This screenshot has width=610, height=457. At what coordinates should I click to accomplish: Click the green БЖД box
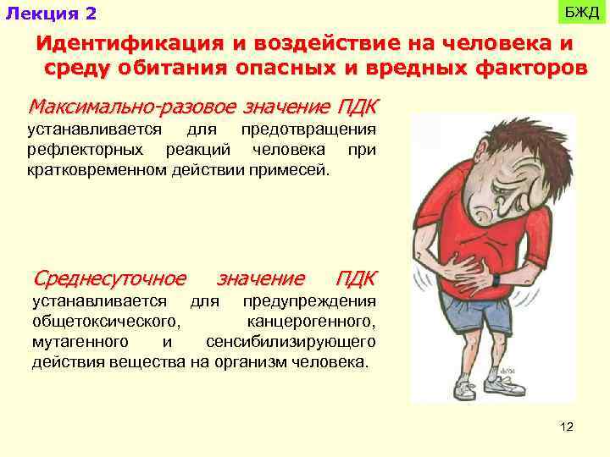click(582, 12)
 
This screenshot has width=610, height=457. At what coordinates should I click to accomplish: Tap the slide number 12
click(567, 427)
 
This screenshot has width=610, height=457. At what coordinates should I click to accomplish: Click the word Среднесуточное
click(109, 278)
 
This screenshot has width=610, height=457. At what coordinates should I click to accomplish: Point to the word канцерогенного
click(311, 322)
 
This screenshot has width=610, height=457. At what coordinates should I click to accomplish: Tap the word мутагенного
click(80, 342)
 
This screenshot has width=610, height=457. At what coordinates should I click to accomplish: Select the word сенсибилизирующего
click(291, 342)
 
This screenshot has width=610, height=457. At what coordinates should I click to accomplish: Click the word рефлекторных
click(80, 150)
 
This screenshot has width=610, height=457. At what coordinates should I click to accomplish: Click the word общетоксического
click(105, 322)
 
